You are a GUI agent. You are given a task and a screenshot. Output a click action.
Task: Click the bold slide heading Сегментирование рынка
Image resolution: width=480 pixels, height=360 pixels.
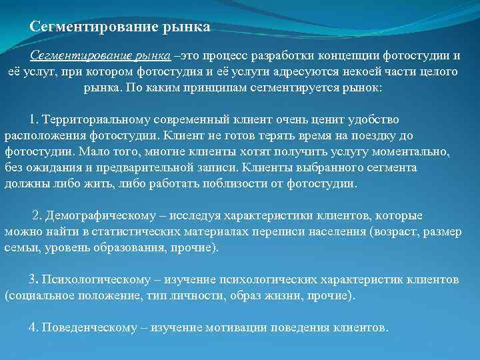pyautogui.click(x=120, y=27)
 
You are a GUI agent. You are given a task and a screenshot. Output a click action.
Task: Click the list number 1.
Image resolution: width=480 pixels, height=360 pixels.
pyautogui.click(x=33, y=119)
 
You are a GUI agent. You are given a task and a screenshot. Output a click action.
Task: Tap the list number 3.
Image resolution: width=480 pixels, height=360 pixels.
pyautogui.click(x=33, y=279)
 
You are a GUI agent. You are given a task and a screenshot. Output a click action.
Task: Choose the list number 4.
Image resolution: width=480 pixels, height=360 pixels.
pyautogui.click(x=33, y=327)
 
